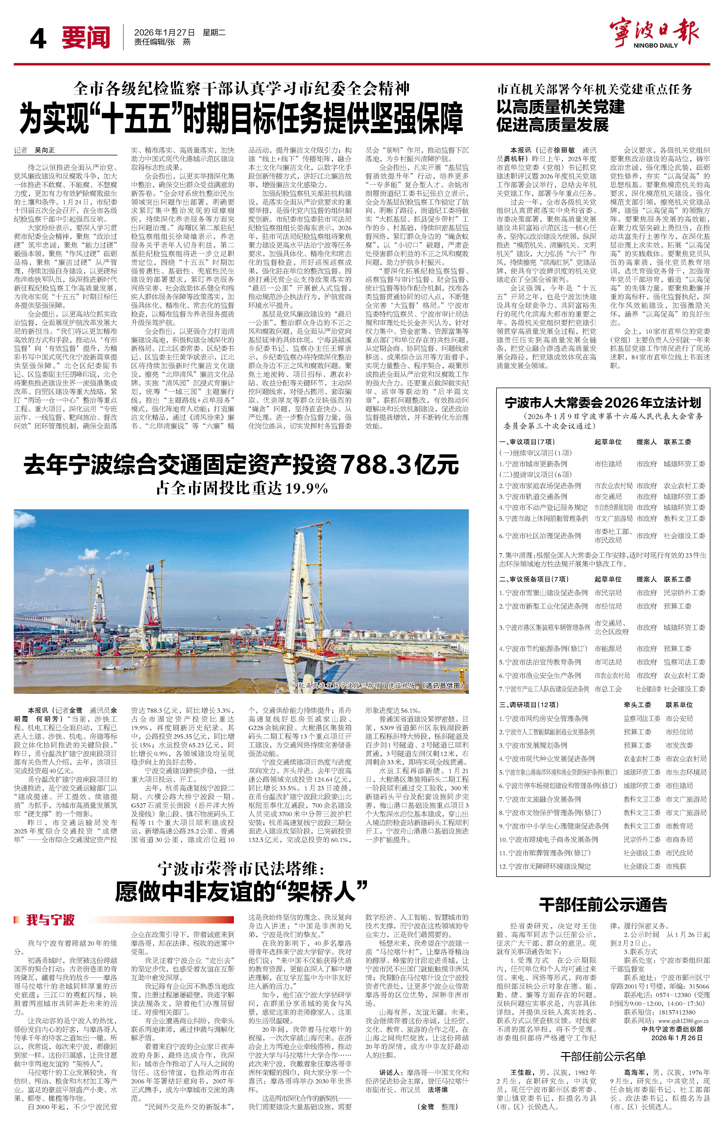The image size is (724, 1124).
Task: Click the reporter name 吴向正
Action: [x=45, y=150]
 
